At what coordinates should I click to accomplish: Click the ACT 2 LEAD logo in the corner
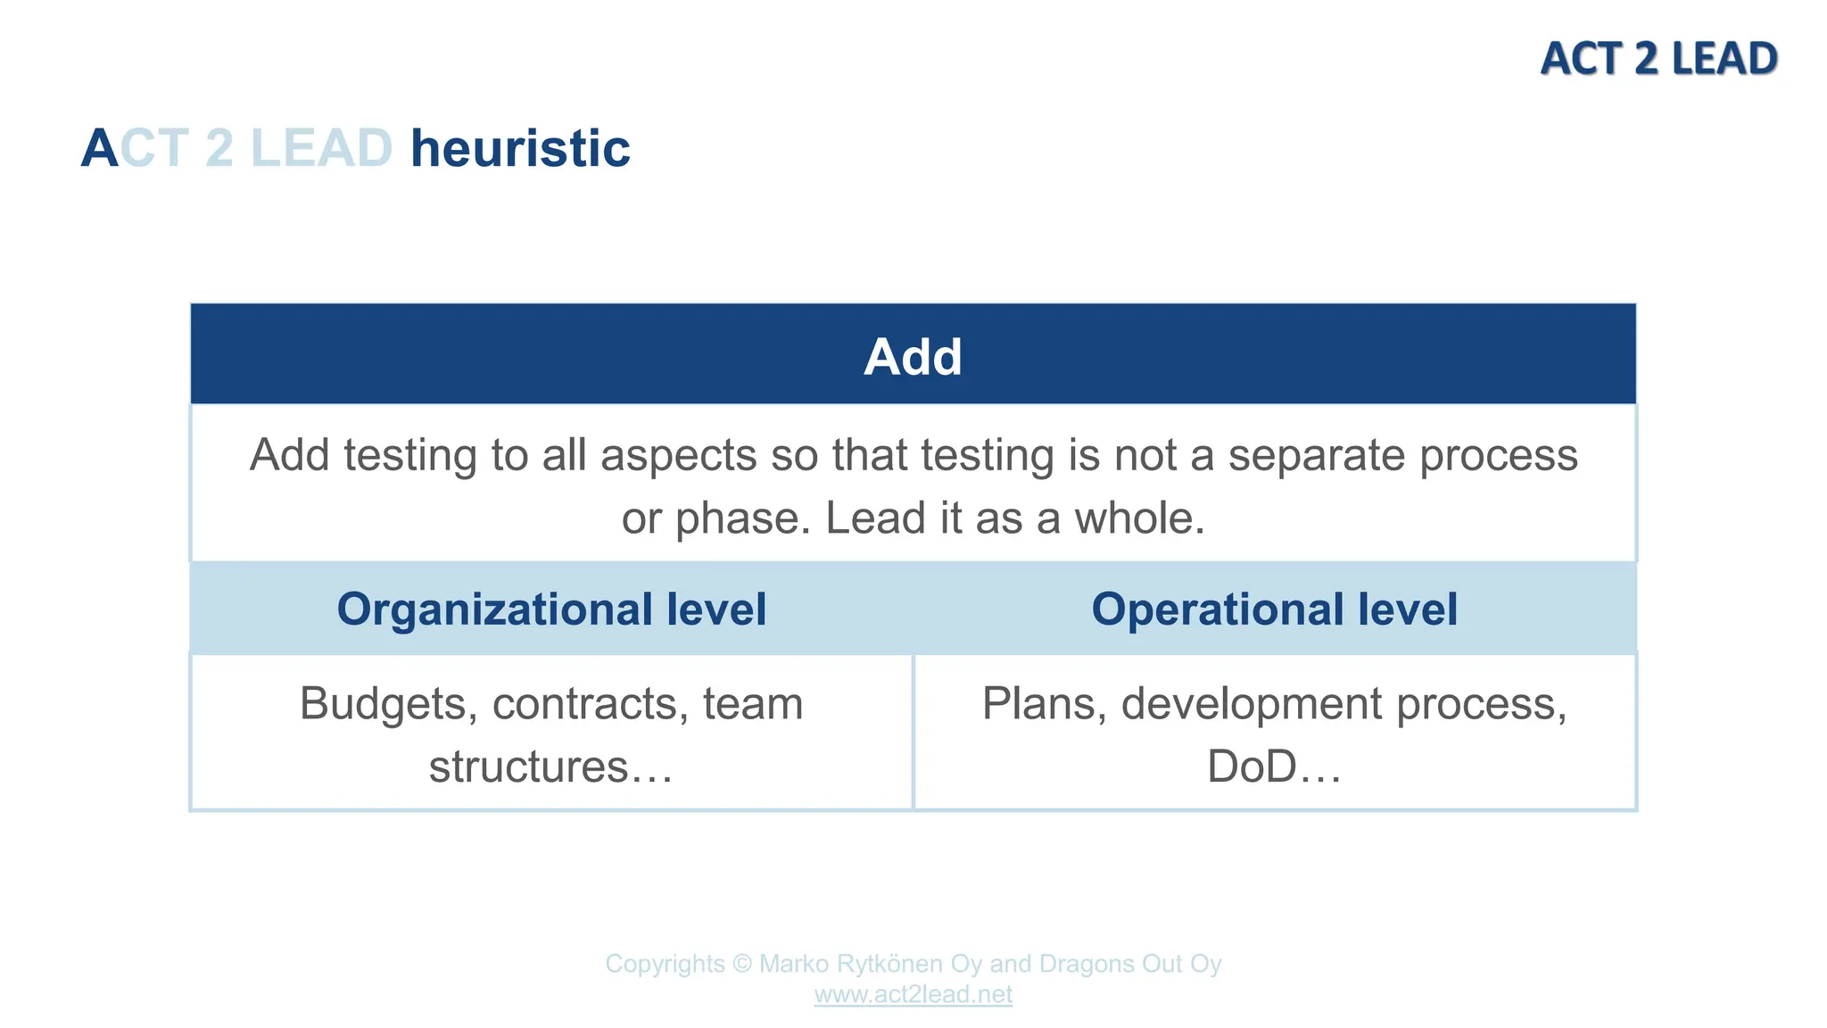pos(1658,59)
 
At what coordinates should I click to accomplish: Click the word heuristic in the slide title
pos(520,148)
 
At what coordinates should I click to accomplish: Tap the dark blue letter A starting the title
pos(99,148)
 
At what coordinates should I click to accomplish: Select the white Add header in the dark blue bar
pos(913,357)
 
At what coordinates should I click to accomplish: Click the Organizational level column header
pos(551,609)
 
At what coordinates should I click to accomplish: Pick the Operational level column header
pos(1274,609)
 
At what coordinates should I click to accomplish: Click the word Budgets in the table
pos(382,703)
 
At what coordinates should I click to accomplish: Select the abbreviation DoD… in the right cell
pos(1274,767)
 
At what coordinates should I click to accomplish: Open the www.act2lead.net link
pos(913,994)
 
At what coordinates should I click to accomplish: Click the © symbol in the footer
pos(741,964)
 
